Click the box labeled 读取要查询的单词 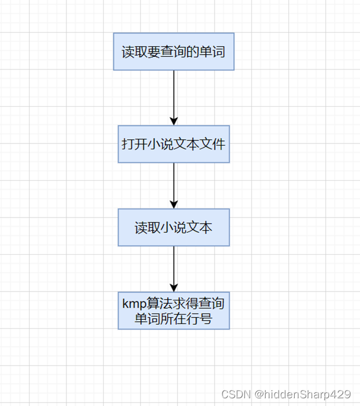coord(174,52)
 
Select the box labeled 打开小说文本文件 coord(174,143)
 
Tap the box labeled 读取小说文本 coord(174,228)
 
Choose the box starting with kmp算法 coord(174,311)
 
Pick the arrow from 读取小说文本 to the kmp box coord(174,267)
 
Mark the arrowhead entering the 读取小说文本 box coord(174,204)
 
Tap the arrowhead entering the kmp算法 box coord(174,288)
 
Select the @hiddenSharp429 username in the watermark coord(303,394)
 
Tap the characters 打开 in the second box coord(133,144)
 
